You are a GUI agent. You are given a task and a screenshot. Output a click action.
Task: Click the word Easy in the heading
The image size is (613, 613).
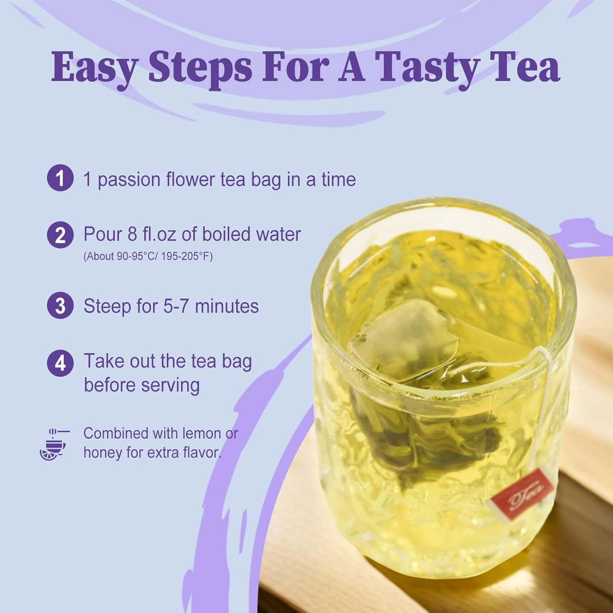(94, 68)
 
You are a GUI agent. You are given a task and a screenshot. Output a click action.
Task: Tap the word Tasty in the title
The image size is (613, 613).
(427, 68)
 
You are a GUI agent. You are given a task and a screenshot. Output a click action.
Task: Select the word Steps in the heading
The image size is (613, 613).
(200, 68)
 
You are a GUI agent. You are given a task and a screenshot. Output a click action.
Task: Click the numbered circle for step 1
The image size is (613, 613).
(60, 178)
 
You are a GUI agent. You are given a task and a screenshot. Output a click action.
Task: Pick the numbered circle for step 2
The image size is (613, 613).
(60, 235)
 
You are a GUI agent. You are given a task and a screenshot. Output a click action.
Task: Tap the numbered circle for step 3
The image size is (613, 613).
(60, 305)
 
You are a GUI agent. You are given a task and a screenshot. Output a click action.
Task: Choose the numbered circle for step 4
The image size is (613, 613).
(60, 363)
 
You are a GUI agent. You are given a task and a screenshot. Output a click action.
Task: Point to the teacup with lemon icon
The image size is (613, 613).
(54, 444)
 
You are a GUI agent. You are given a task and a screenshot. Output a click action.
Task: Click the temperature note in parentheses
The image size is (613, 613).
(148, 257)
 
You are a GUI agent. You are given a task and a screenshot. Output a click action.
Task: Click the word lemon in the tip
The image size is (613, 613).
(201, 433)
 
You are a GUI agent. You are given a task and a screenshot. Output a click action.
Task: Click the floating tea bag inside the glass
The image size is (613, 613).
(404, 338)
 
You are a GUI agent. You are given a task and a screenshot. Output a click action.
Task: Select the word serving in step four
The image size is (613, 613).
(170, 385)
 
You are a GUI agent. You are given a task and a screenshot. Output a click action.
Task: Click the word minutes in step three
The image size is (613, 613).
(227, 306)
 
